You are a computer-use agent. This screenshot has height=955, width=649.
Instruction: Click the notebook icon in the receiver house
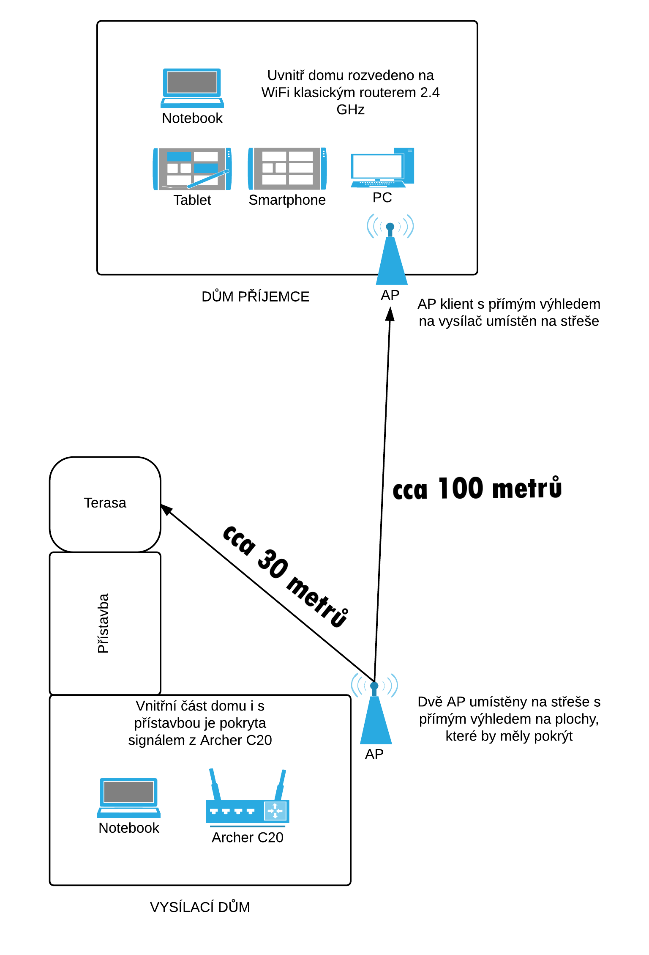pyautogui.click(x=192, y=88)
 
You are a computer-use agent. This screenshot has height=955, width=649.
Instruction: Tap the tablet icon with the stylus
pyautogui.click(x=192, y=169)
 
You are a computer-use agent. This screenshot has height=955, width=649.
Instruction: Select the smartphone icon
pyautogui.click(x=287, y=169)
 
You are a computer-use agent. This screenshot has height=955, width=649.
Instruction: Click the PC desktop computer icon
pyautogui.click(x=382, y=167)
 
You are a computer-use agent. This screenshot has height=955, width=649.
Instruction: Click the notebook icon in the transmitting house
pyautogui.click(x=129, y=797)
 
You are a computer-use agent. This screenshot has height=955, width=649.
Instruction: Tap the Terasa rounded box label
pyautogui.click(x=105, y=503)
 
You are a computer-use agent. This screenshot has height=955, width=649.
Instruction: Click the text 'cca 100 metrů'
pyautogui.click(x=477, y=489)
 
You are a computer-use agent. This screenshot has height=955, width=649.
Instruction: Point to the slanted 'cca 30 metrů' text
pyautogui.click(x=286, y=576)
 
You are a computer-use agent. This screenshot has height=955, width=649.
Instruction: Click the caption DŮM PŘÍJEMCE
pyautogui.click(x=255, y=297)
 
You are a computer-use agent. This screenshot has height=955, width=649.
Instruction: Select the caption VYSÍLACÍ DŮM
pyautogui.click(x=200, y=907)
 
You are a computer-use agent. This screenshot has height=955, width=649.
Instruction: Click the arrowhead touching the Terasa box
pyautogui.click(x=166, y=509)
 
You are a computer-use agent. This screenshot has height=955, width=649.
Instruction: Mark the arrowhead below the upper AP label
pyautogui.click(x=390, y=314)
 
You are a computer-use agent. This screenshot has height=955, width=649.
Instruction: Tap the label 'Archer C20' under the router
pyautogui.click(x=248, y=837)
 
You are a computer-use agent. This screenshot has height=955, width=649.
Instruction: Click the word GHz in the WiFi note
pyautogui.click(x=350, y=110)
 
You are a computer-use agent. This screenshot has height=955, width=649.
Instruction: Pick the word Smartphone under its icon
pyautogui.click(x=287, y=200)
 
